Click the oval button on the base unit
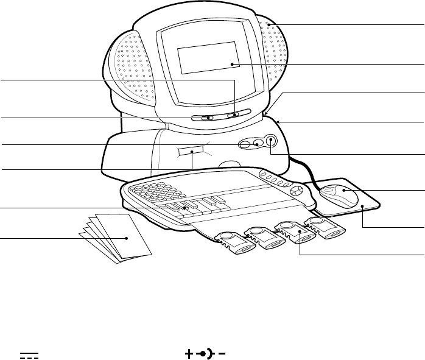[245, 144]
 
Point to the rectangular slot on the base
[191, 150]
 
